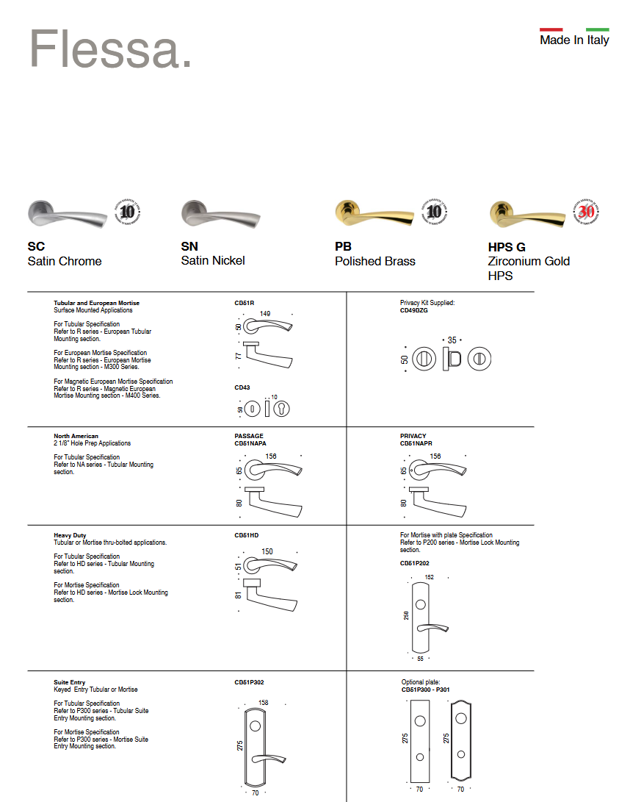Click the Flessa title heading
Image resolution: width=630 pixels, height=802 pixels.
[110, 50]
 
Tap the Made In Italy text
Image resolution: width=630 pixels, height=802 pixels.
[574, 40]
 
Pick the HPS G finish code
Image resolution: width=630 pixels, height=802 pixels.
[507, 247]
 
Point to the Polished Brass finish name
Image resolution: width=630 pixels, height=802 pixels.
[374, 261]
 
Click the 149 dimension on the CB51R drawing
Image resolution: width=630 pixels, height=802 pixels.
[265, 314]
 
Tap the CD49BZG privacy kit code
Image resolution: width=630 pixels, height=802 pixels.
[413, 310]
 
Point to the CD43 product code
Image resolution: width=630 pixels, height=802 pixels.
[242, 387]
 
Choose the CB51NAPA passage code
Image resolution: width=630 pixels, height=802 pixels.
[250, 443]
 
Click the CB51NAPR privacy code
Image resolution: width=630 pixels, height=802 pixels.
[416, 443]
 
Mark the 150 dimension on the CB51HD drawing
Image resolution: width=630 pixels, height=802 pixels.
[267, 552]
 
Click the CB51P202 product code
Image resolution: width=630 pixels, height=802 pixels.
[414, 563]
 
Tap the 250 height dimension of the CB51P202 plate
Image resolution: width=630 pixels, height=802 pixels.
[406, 615]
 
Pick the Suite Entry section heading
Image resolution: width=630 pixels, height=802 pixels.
[69, 682]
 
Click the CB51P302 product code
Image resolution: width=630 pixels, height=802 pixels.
[249, 682]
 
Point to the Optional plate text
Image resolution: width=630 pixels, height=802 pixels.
[420, 682]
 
